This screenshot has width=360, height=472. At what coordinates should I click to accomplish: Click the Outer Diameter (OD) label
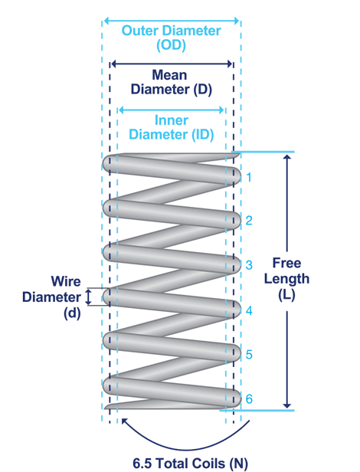click(172, 38)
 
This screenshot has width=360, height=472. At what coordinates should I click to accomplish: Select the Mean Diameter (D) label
click(172, 82)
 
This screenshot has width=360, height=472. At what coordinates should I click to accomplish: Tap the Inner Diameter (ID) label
click(172, 127)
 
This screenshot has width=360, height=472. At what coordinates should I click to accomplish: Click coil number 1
click(249, 178)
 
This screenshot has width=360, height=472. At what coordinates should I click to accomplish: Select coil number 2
click(249, 221)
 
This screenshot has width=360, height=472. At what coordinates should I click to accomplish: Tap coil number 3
click(249, 265)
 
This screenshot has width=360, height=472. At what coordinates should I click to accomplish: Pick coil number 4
click(249, 310)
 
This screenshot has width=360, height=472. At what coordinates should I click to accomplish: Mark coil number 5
click(249, 355)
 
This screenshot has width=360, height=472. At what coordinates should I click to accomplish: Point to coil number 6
click(249, 399)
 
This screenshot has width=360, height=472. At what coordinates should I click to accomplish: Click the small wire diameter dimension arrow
click(88, 297)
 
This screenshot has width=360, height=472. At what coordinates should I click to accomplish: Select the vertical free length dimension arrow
click(287, 230)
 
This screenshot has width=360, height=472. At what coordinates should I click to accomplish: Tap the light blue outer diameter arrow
click(172, 21)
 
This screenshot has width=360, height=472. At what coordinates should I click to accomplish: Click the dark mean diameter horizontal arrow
click(172, 65)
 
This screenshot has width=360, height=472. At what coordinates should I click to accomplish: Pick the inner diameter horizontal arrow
click(172, 110)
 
